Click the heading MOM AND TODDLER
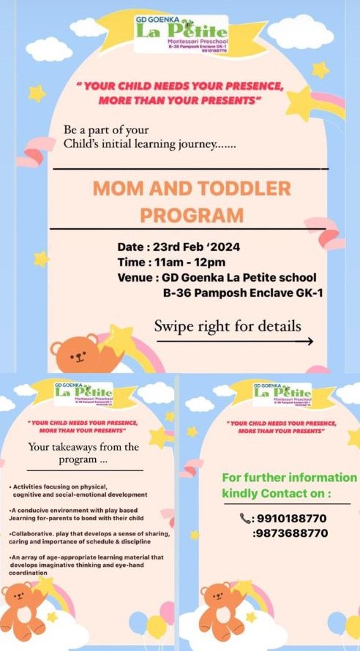click(191, 189)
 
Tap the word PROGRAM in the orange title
click(191, 215)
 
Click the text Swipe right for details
click(227, 325)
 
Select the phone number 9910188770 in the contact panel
click(290, 518)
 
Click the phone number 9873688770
click(290, 533)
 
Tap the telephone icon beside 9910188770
click(245, 518)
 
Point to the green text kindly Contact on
click(277, 494)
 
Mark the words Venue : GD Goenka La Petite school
click(217, 278)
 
